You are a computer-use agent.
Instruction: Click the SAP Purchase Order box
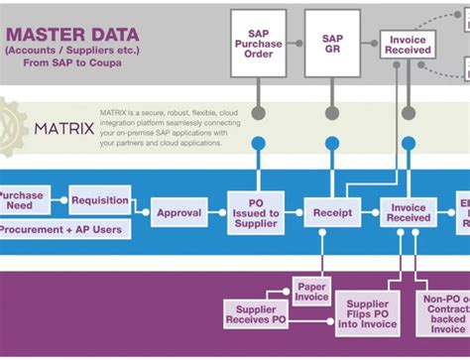[x=259, y=44]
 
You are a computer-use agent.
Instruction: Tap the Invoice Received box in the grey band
[x=408, y=43]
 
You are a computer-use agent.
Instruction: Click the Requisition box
[x=100, y=200]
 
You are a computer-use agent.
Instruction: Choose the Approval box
[x=179, y=212]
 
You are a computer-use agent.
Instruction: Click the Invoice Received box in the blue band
[x=408, y=212]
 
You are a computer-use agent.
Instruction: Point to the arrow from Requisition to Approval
[x=141, y=207]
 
